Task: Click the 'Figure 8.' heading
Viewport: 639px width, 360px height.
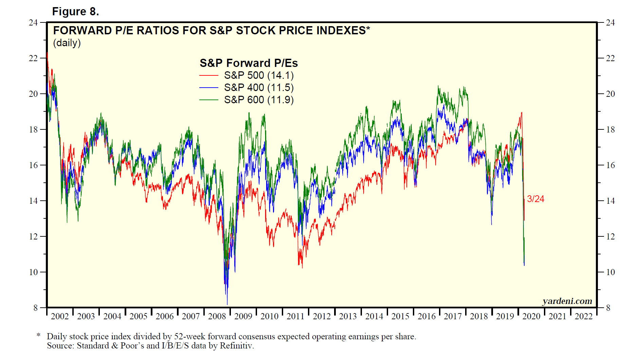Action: click(75, 12)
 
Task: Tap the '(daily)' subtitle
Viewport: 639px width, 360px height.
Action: click(67, 43)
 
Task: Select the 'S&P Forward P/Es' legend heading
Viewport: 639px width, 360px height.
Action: click(249, 63)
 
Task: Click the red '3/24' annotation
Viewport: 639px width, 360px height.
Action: click(535, 199)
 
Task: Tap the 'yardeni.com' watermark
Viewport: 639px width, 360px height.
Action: click(567, 301)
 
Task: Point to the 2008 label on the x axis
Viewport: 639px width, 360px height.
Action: click(217, 317)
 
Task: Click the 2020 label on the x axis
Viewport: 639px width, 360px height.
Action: click(531, 317)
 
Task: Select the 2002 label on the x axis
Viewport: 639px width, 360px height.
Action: click(60, 317)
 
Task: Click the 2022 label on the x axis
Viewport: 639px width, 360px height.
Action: click(583, 317)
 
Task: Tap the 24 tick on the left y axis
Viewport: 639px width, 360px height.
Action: click(33, 23)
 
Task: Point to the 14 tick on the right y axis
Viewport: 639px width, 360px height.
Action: click(610, 201)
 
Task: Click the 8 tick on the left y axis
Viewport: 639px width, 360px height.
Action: click(35, 308)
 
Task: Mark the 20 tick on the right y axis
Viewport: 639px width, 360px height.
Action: click(610, 94)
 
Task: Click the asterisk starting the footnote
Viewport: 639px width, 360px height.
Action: click(38, 336)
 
